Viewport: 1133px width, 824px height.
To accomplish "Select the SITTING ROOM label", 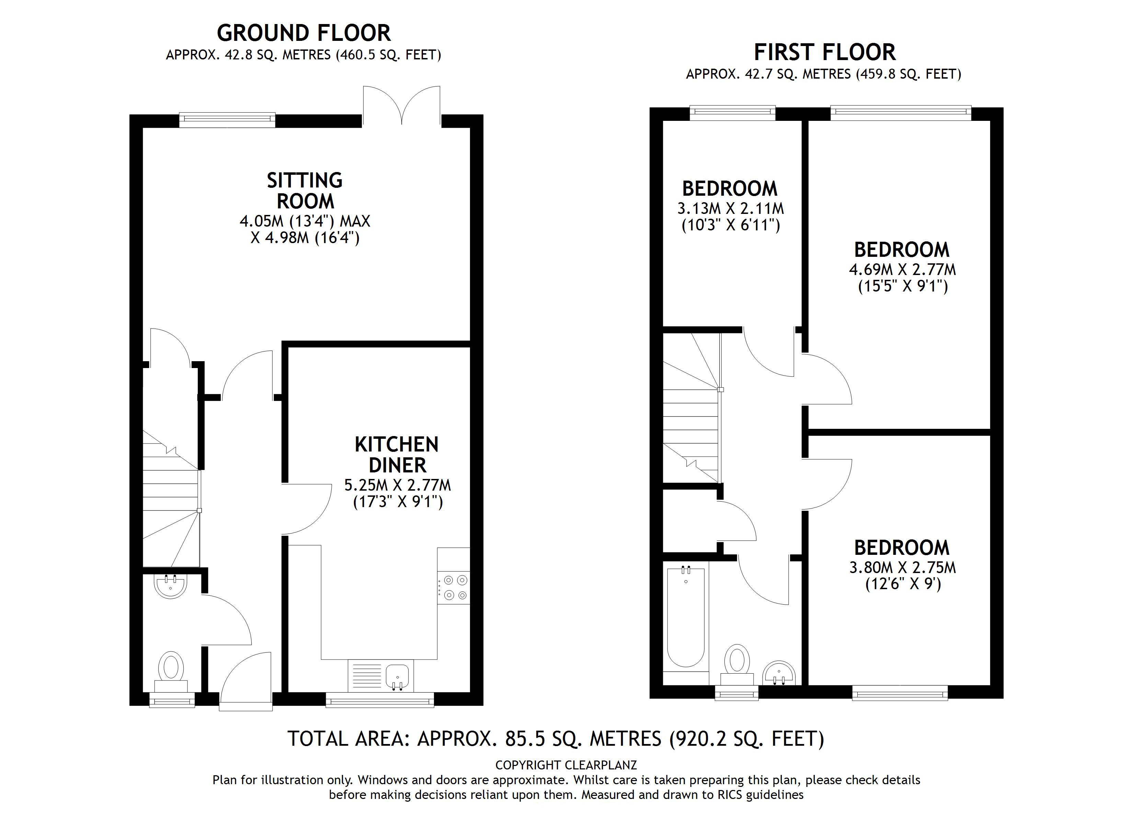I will point(305,191).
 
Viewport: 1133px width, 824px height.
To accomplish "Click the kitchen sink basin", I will point(397,676).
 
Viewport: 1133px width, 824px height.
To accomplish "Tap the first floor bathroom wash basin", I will point(779,673).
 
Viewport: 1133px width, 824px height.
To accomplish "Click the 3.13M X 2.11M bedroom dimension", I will point(730,208).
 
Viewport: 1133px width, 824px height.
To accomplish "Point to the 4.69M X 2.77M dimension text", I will point(902,270).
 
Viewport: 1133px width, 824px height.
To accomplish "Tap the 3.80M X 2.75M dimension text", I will point(902,568).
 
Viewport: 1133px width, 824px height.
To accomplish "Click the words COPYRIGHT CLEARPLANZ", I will point(566,765).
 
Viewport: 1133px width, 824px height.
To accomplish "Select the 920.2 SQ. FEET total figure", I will point(746,739).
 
